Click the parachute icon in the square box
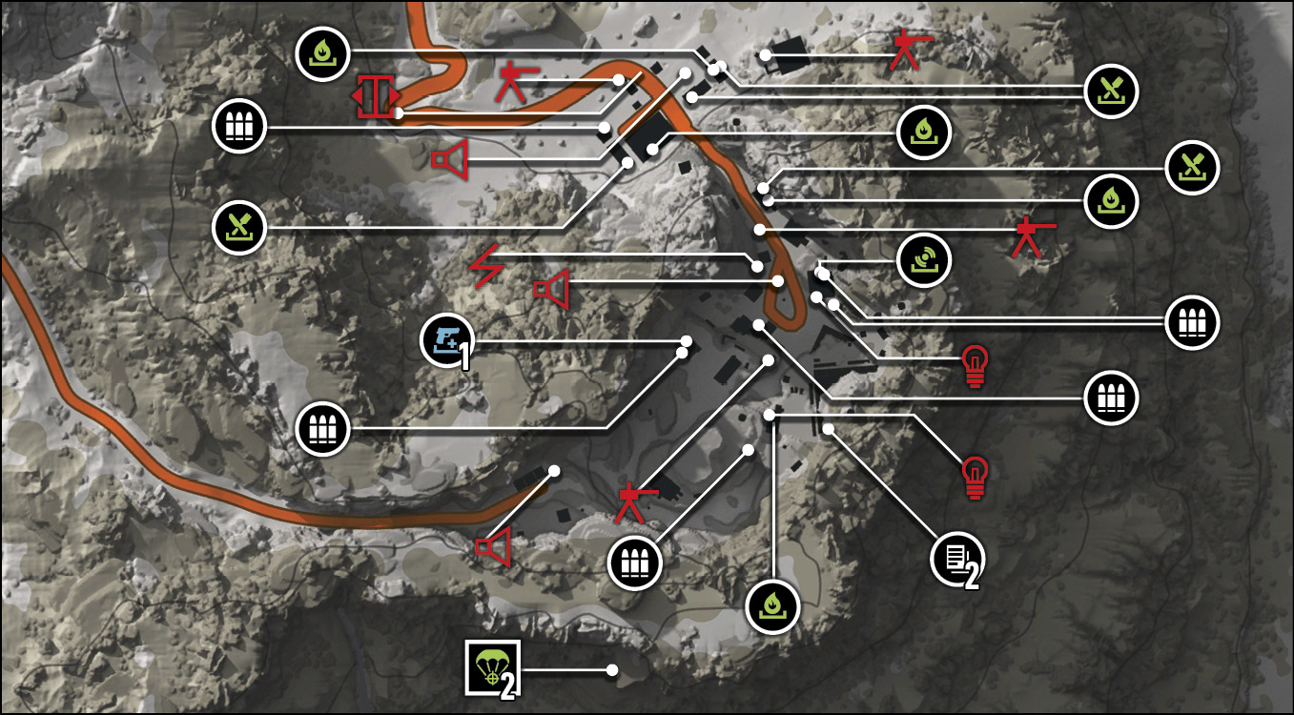492,667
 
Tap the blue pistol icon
447,341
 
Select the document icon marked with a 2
957,559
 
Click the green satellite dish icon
924,260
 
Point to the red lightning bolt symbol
487,266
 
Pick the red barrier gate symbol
376,96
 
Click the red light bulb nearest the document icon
976,477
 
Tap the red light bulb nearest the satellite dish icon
976,365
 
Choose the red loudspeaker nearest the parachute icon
494,545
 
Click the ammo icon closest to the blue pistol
322,429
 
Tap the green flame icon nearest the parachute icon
772,606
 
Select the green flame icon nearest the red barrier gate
322,53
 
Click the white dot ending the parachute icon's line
612,670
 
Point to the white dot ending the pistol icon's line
687,340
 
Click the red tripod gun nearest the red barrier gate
518,81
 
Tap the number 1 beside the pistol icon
463,356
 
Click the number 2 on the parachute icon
507,685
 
